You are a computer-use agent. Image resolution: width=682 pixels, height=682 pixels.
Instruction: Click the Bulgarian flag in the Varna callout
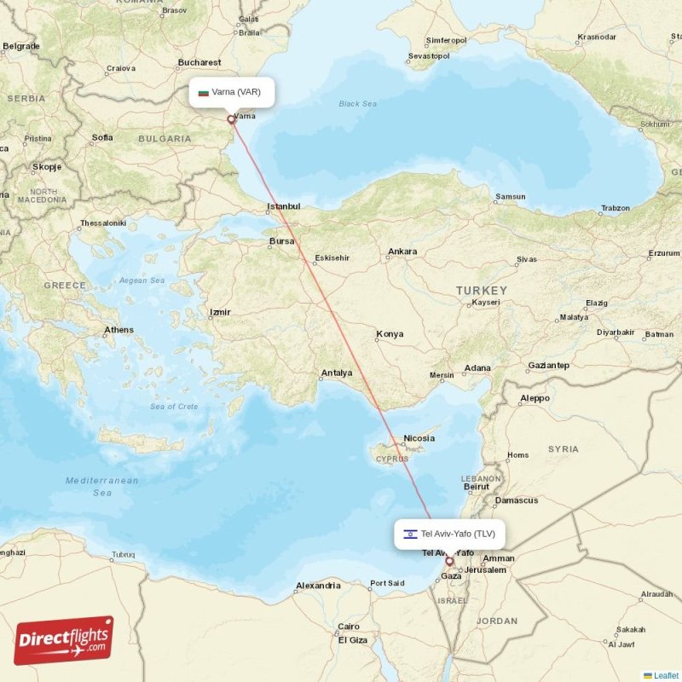tap(204, 92)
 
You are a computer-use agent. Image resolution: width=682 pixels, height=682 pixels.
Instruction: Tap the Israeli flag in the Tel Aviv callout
tap(410, 535)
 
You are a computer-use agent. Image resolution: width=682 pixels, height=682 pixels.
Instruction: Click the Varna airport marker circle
tap(231, 119)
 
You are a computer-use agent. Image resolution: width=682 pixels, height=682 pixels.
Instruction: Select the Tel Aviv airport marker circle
tap(450, 562)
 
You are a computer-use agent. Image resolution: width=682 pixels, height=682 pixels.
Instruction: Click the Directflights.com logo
tap(64, 640)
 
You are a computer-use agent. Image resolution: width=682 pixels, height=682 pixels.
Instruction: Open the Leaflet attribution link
tap(665, 675)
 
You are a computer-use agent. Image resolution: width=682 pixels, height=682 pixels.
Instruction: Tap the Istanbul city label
tap(284, 206)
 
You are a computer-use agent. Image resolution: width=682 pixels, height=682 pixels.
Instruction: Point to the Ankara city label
tap(402, 251)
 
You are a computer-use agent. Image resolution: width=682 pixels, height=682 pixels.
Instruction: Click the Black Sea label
tap(357, 104)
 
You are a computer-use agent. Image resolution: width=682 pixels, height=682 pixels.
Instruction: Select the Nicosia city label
tap(419, 438)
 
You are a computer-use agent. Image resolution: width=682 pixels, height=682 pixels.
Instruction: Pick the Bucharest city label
tap(199, 62)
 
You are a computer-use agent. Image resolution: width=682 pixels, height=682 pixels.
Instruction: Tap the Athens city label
tap(118, 330)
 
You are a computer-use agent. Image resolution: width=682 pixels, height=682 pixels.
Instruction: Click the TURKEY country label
tap(481, 291)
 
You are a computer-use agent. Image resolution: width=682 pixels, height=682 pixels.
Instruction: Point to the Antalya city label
tap(336, 373)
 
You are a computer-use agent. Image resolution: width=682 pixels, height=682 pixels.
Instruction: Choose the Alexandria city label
tap(318, 586)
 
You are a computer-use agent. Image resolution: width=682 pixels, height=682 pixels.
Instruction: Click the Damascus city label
tap(516, 500)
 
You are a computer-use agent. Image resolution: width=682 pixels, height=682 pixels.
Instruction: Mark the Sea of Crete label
tap(174, 407)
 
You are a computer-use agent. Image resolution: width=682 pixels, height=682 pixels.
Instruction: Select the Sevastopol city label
tap(428, 56)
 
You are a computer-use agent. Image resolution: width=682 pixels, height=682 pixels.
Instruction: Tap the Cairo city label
tap(349, 626)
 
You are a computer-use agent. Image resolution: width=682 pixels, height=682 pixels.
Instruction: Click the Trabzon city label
tap(615, 208)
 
